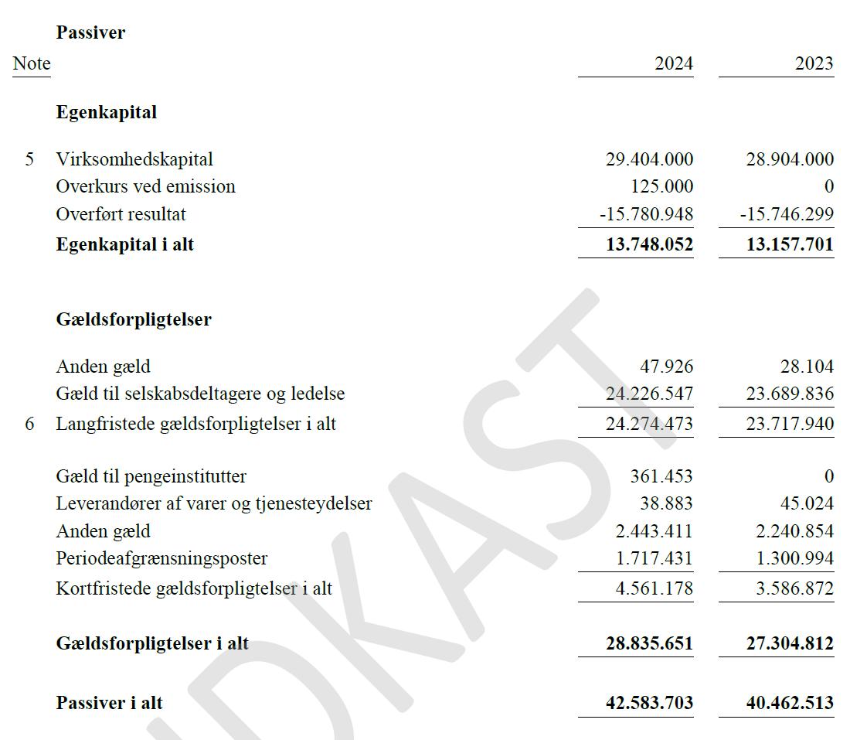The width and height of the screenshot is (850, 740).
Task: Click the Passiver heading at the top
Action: tap(90, 32)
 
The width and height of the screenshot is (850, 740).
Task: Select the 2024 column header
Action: tap(674, 63)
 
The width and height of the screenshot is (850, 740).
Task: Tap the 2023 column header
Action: tap(814, 63)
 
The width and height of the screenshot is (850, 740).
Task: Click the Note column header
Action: tap(32, 63)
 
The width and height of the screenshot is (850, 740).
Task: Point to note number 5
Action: tap(29, 159)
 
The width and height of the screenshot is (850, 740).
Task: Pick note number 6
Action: tap(29, 424)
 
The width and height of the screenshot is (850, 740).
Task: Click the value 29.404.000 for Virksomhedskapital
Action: tap(650, 159)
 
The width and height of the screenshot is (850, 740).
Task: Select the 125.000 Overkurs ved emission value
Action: tap(662, 186)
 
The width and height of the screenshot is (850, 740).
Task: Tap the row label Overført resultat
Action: tap(121, 213)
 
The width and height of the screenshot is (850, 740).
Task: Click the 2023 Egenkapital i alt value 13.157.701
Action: tap(790, 245)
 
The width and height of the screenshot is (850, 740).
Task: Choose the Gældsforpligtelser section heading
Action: tap(134, 319)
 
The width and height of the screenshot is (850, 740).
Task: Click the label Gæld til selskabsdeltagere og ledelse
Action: tap(200, 394)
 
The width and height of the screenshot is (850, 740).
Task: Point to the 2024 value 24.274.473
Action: tap(650, 424)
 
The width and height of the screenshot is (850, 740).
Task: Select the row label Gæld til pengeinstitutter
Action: tap(151, 476)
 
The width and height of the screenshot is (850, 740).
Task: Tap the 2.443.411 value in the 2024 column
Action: tap(654, 531)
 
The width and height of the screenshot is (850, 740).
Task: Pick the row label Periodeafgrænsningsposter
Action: tap(161, 558)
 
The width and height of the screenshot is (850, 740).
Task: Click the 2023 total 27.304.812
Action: tap(790, 643)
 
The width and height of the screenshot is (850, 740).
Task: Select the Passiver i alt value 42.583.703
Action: tap(649, 703)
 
